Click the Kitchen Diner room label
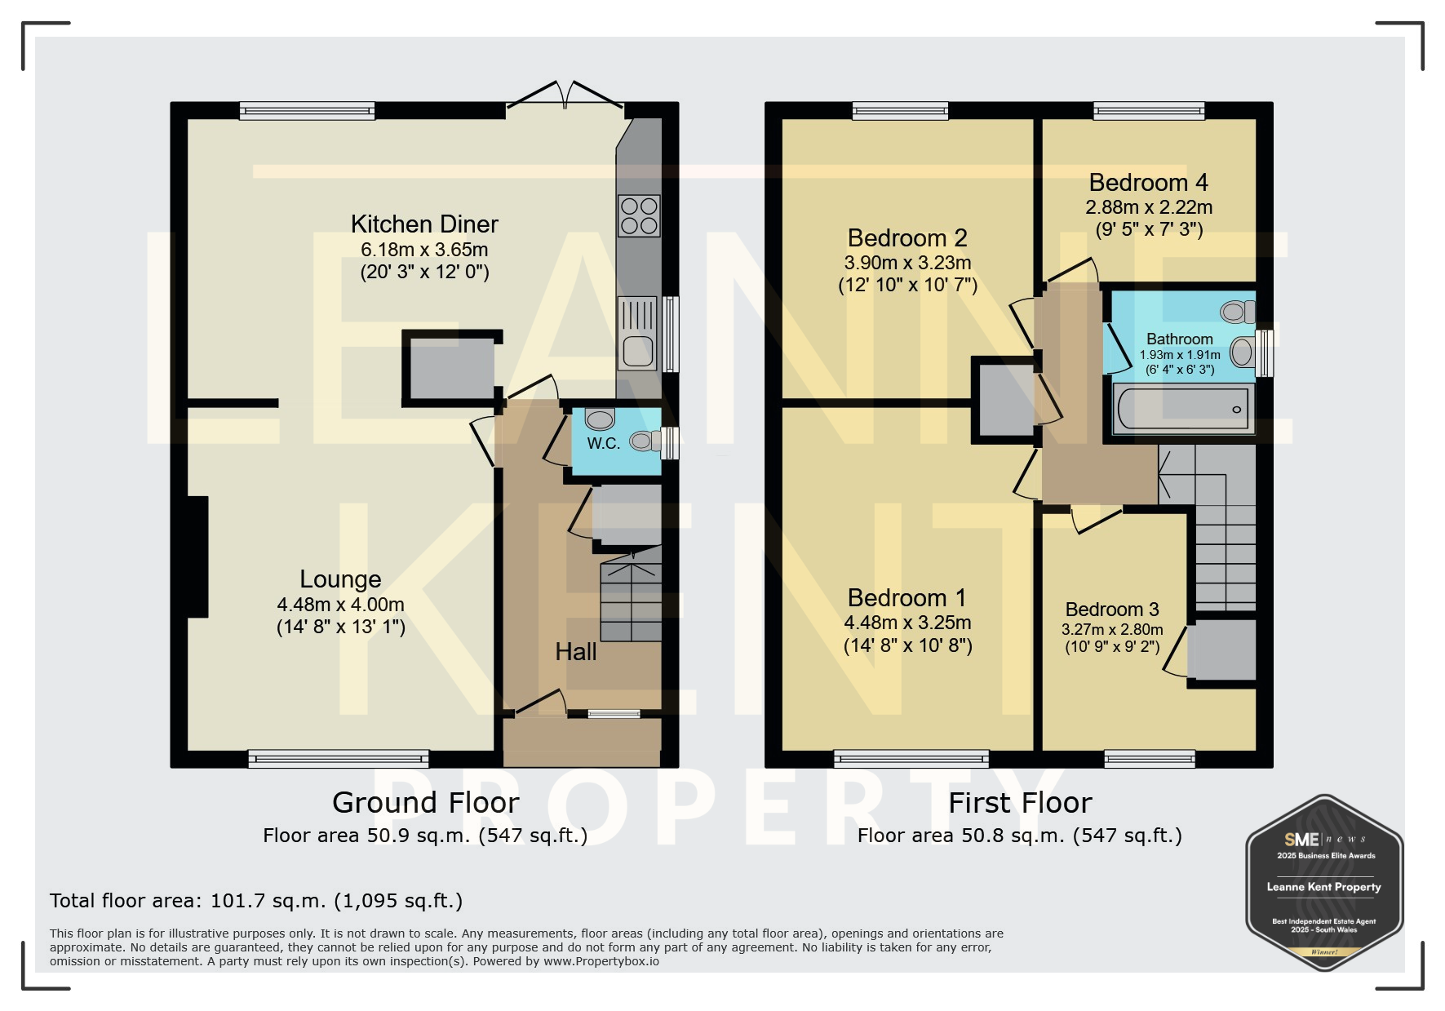(424, 224)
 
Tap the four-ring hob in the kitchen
(639, 215)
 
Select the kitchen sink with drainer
(638, 333)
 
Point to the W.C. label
(604, 443)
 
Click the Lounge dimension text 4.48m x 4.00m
(340, 605)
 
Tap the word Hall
(576, 652)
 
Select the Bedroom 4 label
(1148, 182)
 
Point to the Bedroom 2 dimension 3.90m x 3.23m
(907, 263)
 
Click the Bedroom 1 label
(907, 597)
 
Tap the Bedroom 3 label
(1112, 610)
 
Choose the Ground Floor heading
(425, 803)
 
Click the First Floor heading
(1020, 803)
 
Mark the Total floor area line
(256, 901)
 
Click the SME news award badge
(1324, 883)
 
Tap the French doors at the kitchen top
(565, 95)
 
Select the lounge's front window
(339, 760)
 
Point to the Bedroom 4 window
(1149, 110)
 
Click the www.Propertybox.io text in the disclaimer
(601, 961)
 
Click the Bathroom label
(1180, 339)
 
